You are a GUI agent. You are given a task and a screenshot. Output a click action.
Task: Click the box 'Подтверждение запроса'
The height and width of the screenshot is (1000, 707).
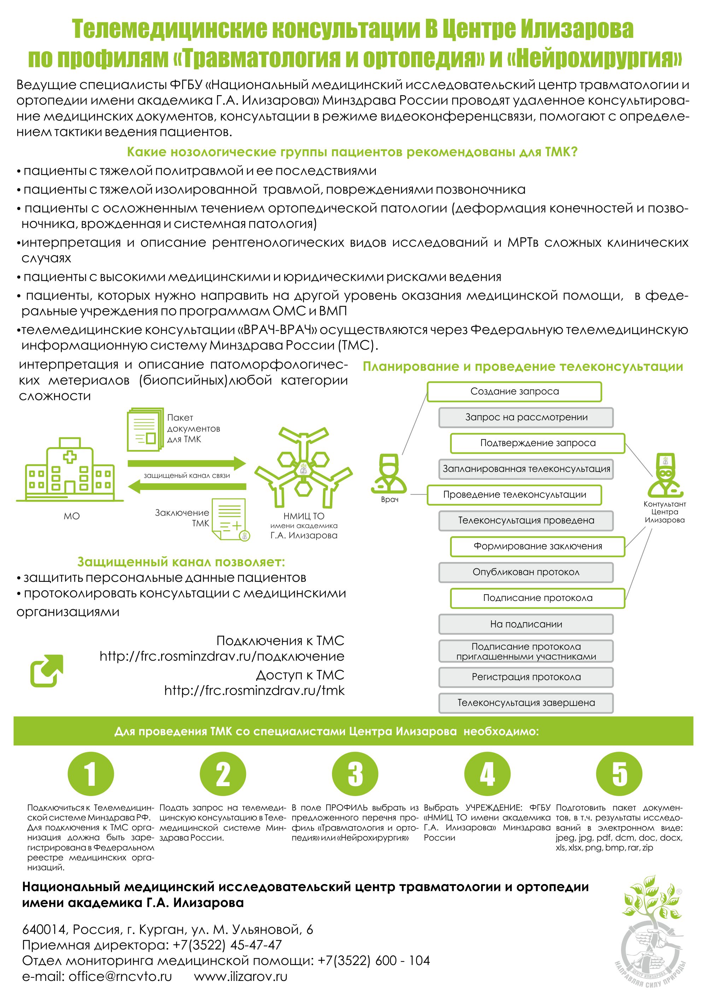[538, 443]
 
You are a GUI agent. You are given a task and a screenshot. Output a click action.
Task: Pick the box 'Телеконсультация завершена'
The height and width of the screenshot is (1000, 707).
[526, 702]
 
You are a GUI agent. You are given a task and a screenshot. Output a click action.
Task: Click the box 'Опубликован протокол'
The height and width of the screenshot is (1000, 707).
[526, 572]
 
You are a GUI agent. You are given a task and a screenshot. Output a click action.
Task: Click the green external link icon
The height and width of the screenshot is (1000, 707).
[47, 671]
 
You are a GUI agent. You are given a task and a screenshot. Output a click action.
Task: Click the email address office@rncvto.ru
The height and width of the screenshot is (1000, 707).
[120, 976]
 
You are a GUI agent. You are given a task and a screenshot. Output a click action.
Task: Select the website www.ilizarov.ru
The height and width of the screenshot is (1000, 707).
[240, 976]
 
